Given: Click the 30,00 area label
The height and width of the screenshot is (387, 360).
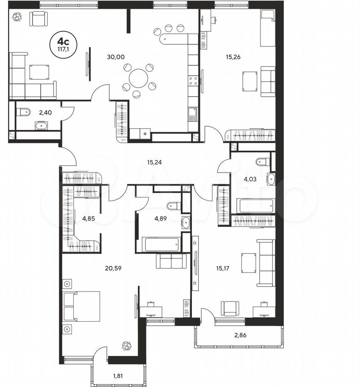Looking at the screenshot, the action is (x=116, y=57).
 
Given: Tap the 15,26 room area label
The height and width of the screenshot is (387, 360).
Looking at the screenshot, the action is (x=233, y=57).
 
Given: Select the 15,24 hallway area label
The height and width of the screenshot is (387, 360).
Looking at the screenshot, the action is (x=154, y=162).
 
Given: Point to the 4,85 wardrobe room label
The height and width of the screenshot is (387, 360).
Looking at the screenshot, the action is (x=89, y=218).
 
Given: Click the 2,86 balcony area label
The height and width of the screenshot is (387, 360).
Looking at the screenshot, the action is (x=240, y=335).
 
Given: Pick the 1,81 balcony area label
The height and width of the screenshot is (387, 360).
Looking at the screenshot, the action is (x=118, y=376).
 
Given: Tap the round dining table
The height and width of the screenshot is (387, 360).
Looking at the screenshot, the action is (x=138, y=78).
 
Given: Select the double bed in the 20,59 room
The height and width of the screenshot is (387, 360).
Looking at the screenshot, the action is (x=82, y=306).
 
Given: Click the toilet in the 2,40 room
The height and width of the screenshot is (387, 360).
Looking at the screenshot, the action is (x=23, y=112).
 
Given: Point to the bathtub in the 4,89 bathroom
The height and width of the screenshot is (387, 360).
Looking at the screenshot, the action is (x=161, y=244).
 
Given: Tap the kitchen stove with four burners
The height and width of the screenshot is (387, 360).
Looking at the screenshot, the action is (x=193, y=81).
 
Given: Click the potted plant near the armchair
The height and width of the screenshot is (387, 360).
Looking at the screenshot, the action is (x=17, y=17).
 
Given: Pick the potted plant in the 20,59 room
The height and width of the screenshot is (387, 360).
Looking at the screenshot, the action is (x=127, y=346).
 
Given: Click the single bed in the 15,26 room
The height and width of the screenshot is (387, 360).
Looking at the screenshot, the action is (x=268, y=28).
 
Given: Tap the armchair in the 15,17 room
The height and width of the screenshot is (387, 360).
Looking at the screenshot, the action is (x=230, y=308).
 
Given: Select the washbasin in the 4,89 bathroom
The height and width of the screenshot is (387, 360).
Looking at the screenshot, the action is (x=185, y=223).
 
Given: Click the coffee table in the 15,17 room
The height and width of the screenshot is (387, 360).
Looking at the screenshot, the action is (x=249, y=263).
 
